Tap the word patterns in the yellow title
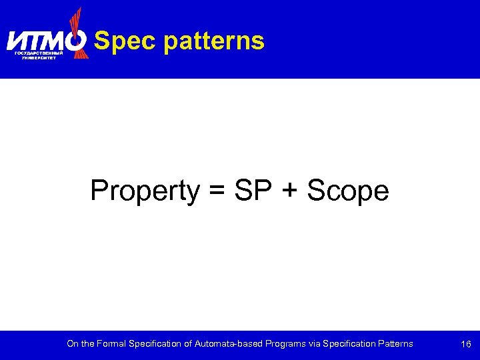[213, 41]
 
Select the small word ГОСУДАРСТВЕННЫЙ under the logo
[39, 53]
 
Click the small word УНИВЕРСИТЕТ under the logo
[39, 58]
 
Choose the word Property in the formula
[145, 191]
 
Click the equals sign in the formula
[217, 191]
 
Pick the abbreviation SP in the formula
[253, 191]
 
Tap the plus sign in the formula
[289, 191]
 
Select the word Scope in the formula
[347, 191]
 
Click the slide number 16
[466, 344]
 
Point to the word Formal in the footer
[109, 344]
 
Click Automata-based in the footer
[226, 344]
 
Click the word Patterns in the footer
[395, 344]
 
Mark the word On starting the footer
[72, 344]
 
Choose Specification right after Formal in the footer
[153, 344]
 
